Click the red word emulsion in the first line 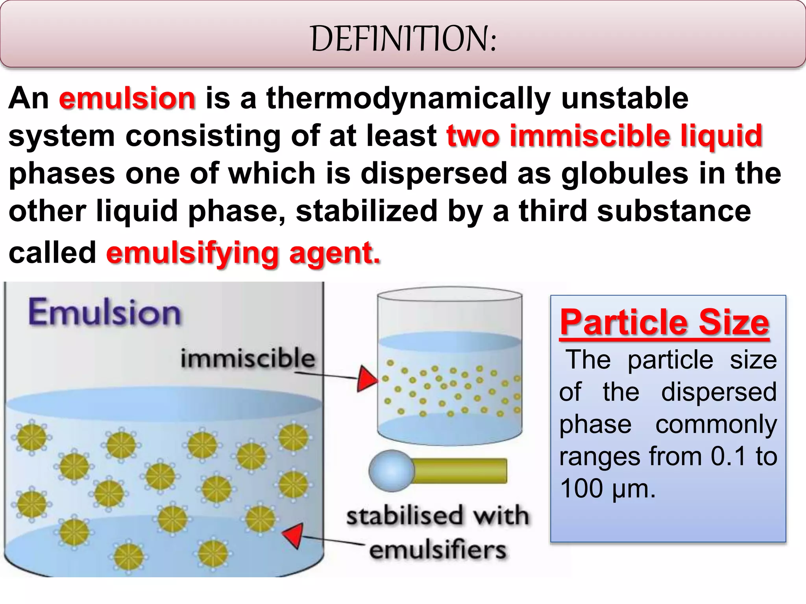127,98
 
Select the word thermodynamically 408,98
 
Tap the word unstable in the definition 625,98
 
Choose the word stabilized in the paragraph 366,211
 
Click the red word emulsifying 192,254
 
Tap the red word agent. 335,254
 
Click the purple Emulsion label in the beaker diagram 105,313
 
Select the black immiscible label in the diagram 248,358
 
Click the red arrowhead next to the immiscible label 366,379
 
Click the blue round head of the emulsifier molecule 391,471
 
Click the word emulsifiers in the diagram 438,550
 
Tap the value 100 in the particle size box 582,489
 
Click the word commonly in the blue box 716,424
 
